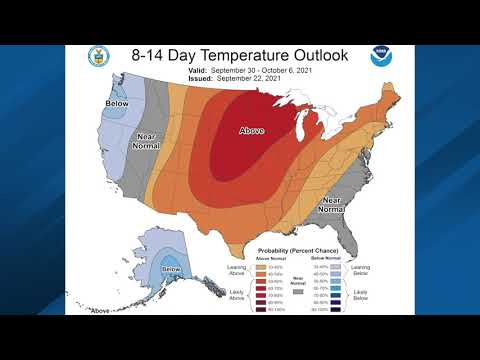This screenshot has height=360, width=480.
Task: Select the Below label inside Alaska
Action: [x=171, y=270]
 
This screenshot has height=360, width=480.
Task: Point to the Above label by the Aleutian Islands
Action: [x=99, y=311]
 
